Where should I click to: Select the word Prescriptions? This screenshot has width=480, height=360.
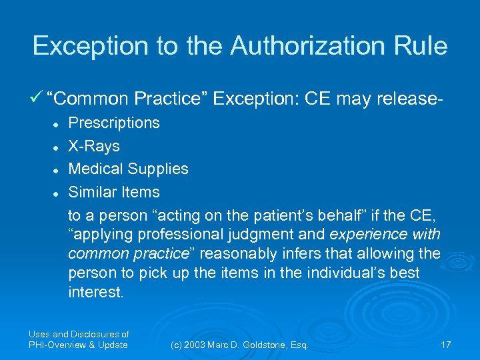click(x=114, y=123)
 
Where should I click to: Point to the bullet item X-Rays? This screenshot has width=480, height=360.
click(x=94, y=146)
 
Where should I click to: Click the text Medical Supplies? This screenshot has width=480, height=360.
click(x=128, y=169)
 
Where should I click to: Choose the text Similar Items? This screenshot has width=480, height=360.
click(x=114, y=192)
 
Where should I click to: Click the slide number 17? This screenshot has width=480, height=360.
click(x=445, y=345)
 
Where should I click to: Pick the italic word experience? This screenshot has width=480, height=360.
click(x=369, y=235)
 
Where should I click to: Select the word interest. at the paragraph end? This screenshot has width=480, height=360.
click(x=95, y=292)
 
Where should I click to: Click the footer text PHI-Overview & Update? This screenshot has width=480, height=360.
click(x=78, y=345)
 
